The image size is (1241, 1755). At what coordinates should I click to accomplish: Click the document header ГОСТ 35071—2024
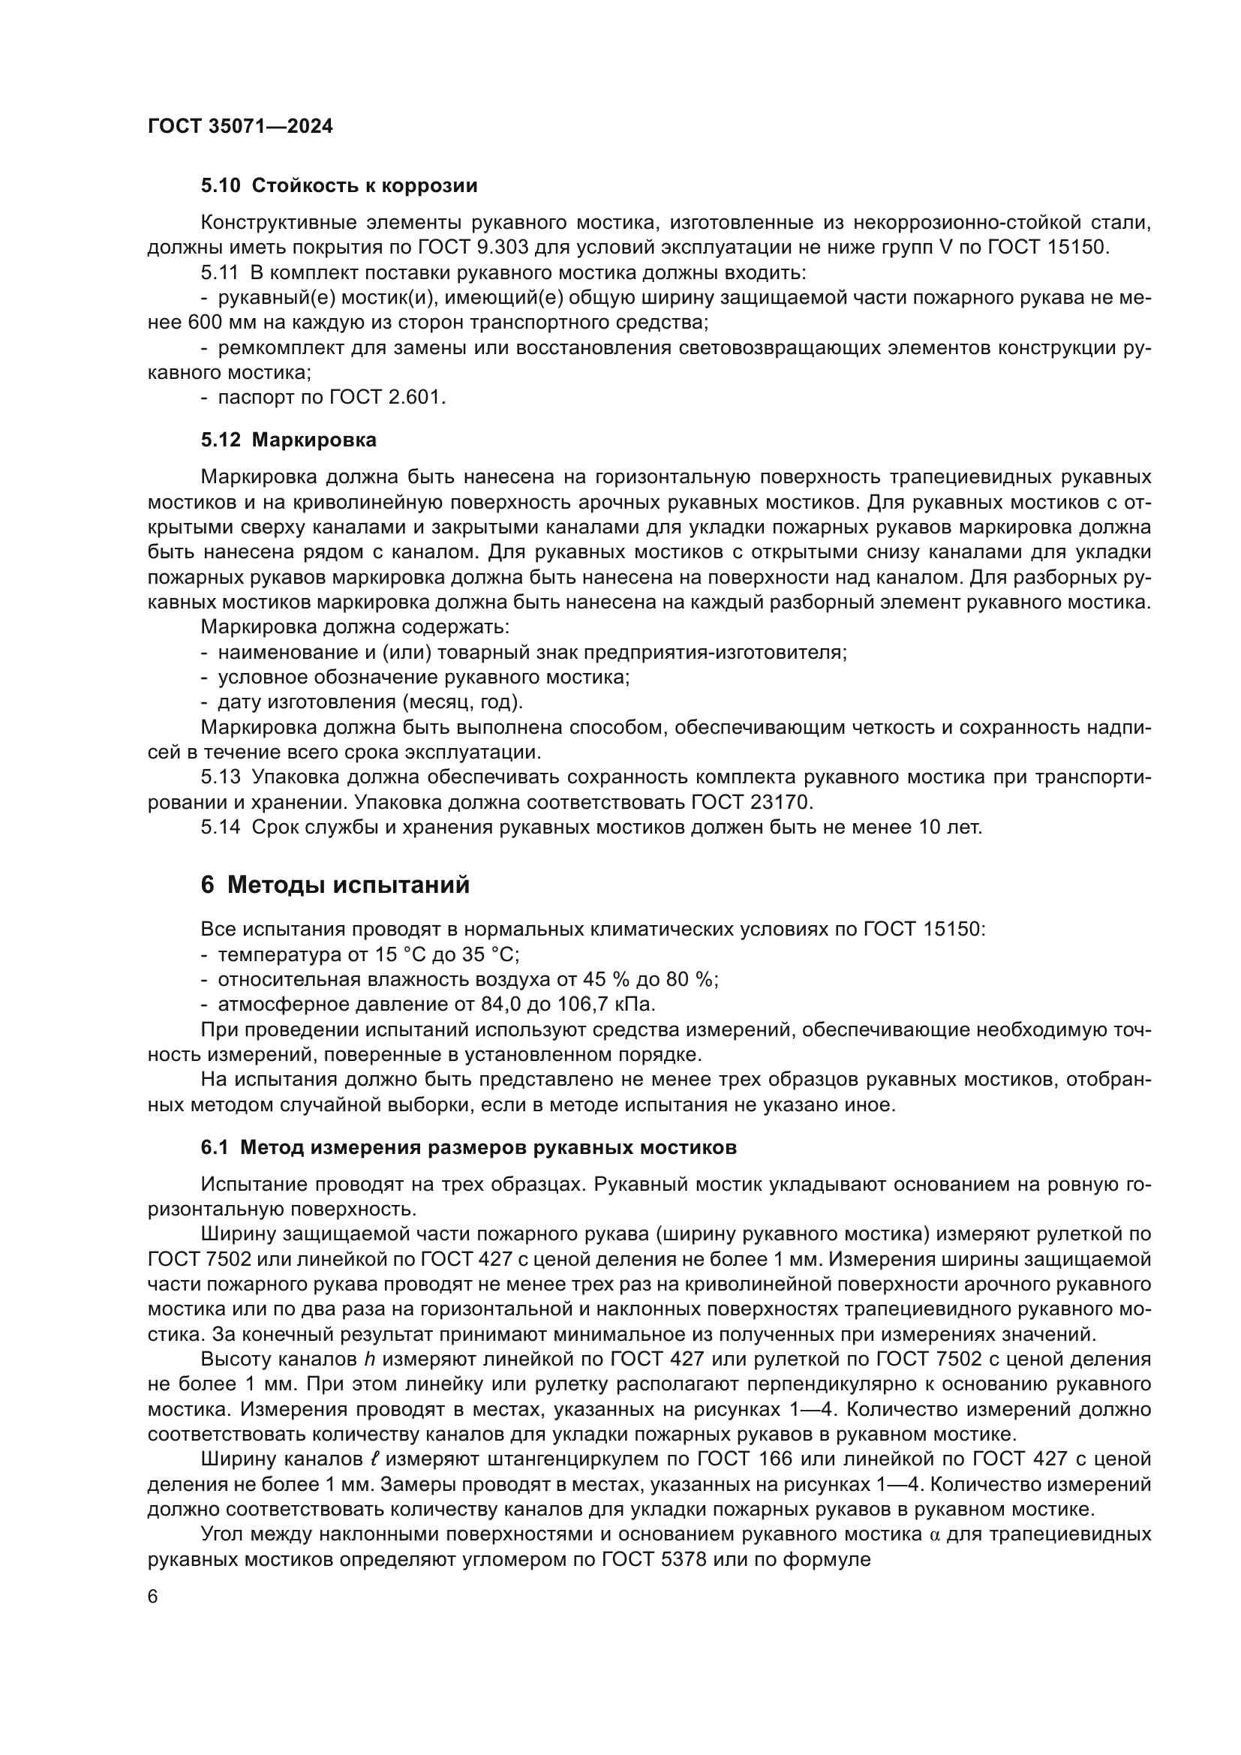pos(240,126)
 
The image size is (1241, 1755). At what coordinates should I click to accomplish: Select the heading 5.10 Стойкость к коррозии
pos(338,186)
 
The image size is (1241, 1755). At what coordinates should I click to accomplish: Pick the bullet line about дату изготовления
pos(362,702)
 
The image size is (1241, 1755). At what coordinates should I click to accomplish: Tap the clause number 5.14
pos(221,827)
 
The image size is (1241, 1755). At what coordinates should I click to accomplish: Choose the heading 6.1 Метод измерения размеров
pos(468,1147)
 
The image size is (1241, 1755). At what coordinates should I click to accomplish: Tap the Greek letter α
pos(936,1534)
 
